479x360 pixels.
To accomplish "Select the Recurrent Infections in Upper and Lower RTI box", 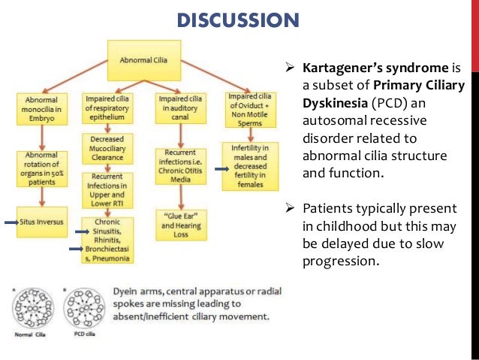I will (x=108, y=188).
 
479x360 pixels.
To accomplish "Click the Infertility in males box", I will (x=250, y=161).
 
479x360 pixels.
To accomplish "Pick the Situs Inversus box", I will (x=43, y=222).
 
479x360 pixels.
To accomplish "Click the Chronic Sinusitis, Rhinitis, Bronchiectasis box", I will (x=108, y=241).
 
